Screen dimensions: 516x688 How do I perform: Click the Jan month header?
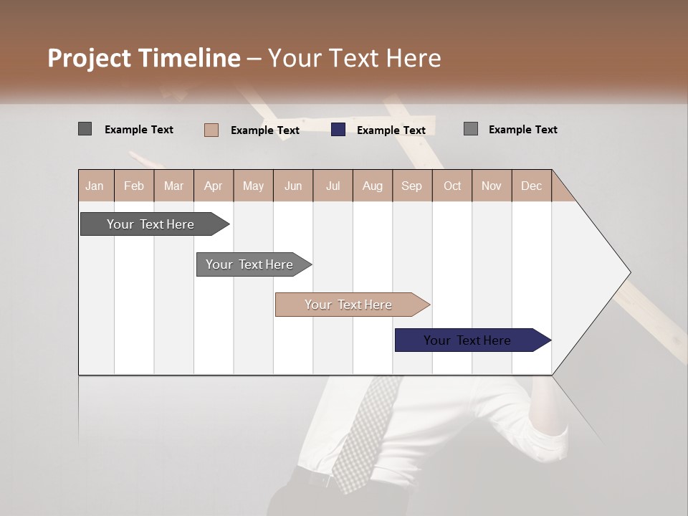pyautogui.click(x=95, y=186)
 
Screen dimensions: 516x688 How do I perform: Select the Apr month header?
pyautogui.click(x=213, y=186)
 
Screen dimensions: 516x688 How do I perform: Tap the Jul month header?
pyautogui.click(x=333, y=186)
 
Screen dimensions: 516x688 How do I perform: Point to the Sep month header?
pyautogui.click(x=411, y=186)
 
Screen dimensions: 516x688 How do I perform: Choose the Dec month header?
pyautogui.click(x=531, y=186)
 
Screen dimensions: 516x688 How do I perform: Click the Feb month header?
pyautogui.click(x=134, y=186)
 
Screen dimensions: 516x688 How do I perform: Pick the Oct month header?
pyautogui.click(x=452, y=186)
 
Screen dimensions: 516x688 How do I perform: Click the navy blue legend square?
pyautogui.click(x=338, y=130)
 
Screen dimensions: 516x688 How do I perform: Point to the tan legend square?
pyautogui.click(x=211, y=130)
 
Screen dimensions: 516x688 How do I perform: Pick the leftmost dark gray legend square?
pyautogui.click(x=85, y=129)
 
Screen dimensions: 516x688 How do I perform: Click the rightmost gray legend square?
pyautogui.click(x=471, y=129)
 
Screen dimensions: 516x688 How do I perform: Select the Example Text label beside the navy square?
pyautogui.click(x=391, y=130)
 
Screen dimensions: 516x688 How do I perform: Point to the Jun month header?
pyautogui.click(x=293, y=186)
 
